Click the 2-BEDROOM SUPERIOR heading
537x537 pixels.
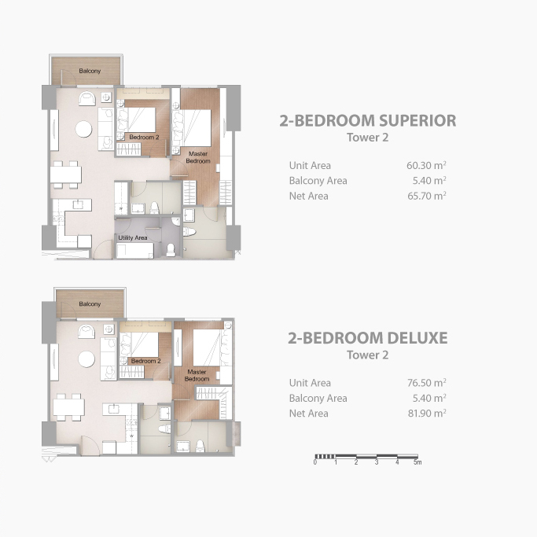pos(367,120)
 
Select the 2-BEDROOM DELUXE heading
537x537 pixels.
pos(367,338)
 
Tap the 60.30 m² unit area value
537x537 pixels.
pos(426,165)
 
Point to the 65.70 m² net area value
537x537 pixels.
pos(427,196)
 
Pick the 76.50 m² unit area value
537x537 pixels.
pos(427,383)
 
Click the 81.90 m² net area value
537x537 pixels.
pos(427,414)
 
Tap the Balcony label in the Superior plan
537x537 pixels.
pos(90,71)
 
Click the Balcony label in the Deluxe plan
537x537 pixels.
pos(90,304)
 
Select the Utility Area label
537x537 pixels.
pos(133,237)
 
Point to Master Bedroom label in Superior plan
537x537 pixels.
pos(198,157)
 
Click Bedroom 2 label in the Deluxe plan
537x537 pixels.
pos(146,361)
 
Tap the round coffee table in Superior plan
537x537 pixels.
pos(83,130)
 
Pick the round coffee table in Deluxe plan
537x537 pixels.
pos(86,359)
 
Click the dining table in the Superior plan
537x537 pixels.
pos(66,175)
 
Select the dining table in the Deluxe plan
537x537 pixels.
pos(68,407)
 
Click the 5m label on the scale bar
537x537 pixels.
pos(417,462)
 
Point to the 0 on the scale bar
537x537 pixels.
pos(315,462)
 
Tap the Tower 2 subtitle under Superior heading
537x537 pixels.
pos(367,138)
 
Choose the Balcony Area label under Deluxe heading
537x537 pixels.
pos(318,398)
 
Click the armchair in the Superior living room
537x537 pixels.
pos(87,98)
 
